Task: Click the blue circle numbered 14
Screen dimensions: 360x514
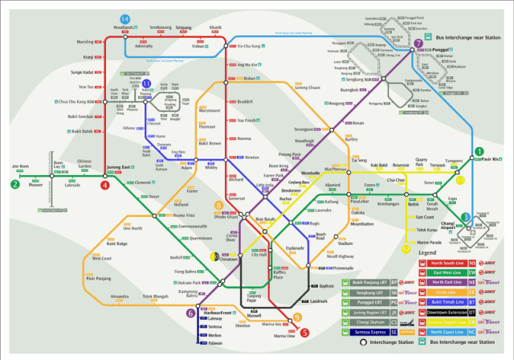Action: pyautogui.click(x=124, y=18)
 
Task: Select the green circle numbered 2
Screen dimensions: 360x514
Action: pyautogui.click(x=14, y=184)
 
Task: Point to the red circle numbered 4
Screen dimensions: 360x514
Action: pyautogui.click(x=105, y=186)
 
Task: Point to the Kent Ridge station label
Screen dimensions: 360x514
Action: pyautogui.click(x=116, y=243)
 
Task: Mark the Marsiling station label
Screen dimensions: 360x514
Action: pyautogui.click(x=84, y=41)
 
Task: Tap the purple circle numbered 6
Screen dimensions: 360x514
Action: pyautogui.click(x=190, y=313)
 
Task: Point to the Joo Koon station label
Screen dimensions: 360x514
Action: pyautogui.click(x=20, y=166)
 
